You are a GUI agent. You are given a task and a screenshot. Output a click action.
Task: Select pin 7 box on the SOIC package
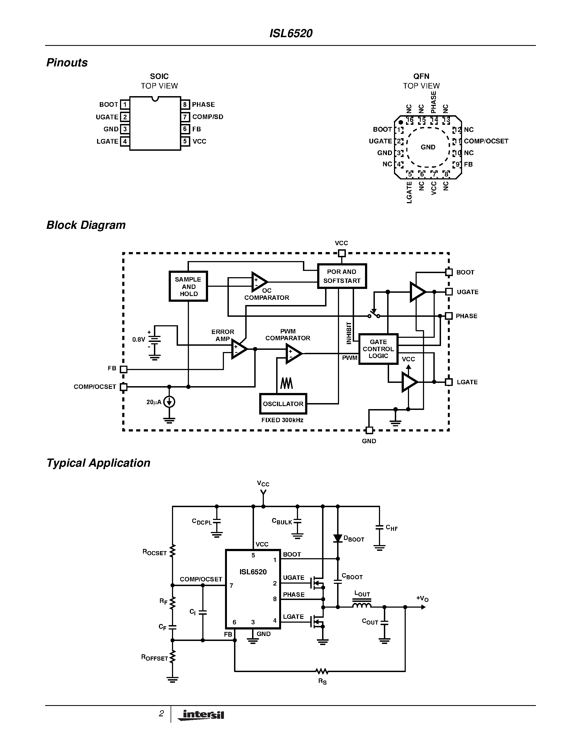point(185,117)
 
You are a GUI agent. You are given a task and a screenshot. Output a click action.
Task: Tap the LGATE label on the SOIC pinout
point(107,141)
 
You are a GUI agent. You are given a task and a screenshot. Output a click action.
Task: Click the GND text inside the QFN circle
point(428,147)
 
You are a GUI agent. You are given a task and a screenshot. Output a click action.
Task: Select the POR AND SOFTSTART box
point(341,276)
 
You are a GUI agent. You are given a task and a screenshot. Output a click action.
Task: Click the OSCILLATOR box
point(283,404)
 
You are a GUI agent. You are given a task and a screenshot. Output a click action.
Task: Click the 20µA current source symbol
point(169,402)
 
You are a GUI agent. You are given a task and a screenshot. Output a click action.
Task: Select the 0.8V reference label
point(138,340)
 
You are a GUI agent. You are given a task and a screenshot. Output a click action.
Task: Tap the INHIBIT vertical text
point(349,333)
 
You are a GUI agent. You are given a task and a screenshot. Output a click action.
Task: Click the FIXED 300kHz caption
point(282,420)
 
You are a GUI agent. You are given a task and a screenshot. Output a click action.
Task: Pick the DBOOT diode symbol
point(338,539)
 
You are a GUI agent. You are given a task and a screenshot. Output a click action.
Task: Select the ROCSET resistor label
point(154,552)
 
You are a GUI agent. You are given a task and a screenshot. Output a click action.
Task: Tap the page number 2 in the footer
point(161,714)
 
